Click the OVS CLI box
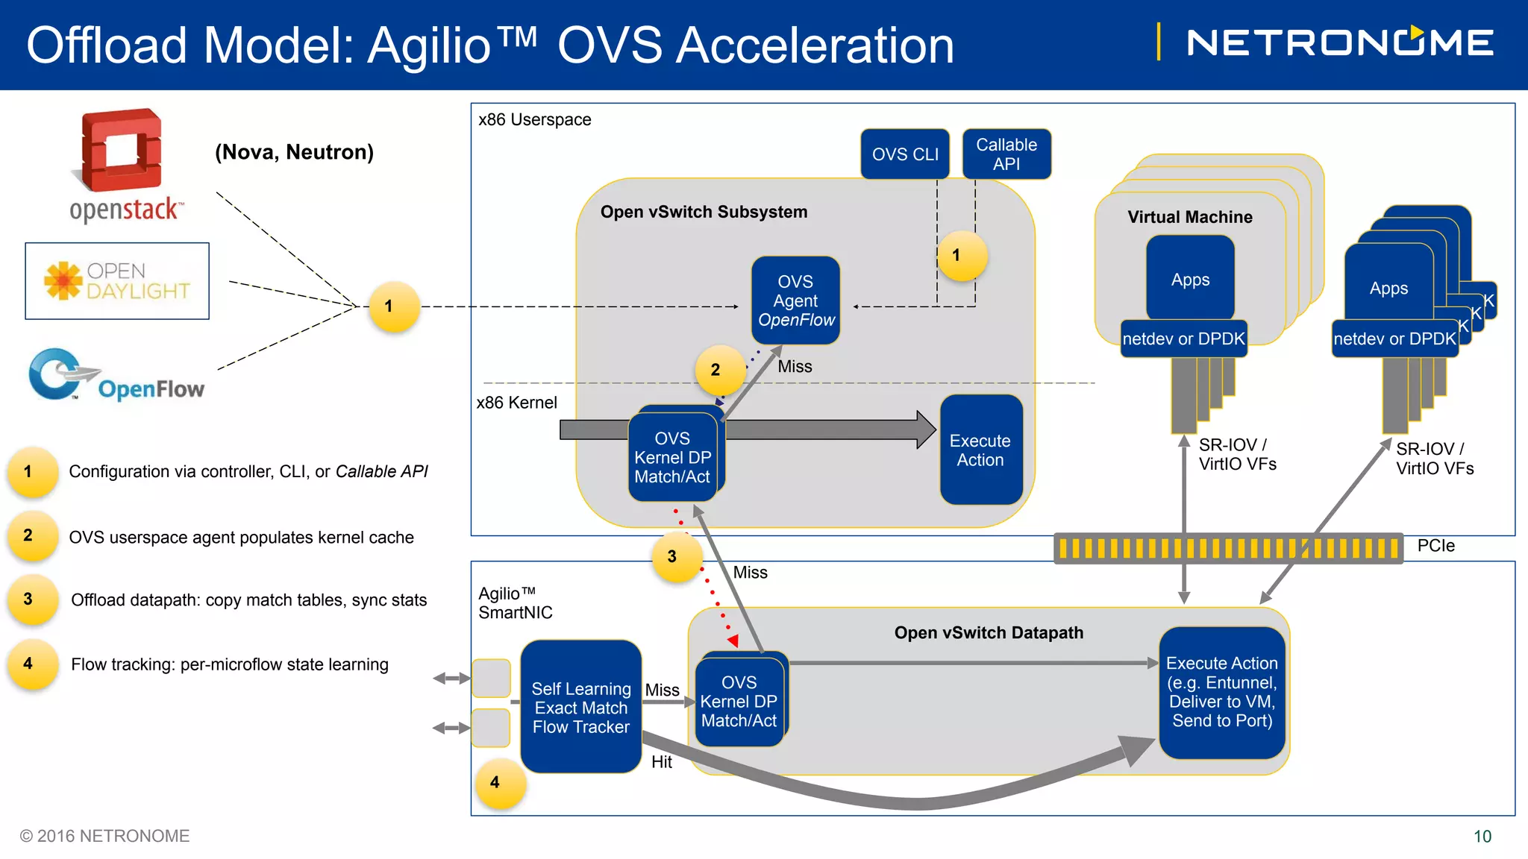coord(905,154)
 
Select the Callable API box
coord(1006,154)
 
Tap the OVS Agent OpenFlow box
coord(795,301)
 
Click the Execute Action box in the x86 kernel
coord(980,450)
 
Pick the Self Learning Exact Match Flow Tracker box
coord(580,706)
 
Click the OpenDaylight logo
coord(117,281)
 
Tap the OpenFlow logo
coord(116,375)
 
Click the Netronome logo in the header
coord(1340,42)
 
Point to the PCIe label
coord(1435,546)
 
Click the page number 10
coord(1482,837)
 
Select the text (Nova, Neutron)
coord(294,152)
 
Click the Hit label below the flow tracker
coord(662,761)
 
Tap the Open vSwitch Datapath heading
coord(989,632)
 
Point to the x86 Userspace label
coord(534,119)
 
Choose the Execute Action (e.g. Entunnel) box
coord(1221,693)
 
